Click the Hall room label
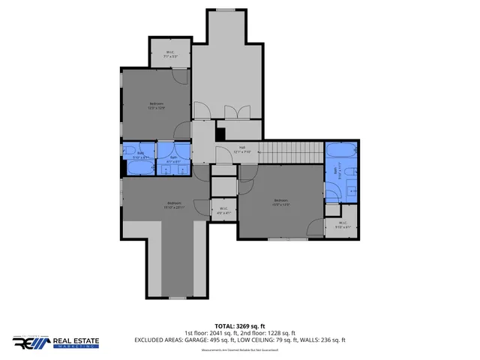[x=242, y=149]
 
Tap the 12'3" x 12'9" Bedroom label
[x=156, y=106]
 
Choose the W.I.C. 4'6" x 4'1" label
[x=223, y=211]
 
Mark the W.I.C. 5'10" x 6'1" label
[x=342, y=224]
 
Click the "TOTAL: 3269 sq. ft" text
[x=240, y=327]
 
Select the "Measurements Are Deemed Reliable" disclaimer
[x=240, y=349]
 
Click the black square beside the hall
[x=220, y=134]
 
